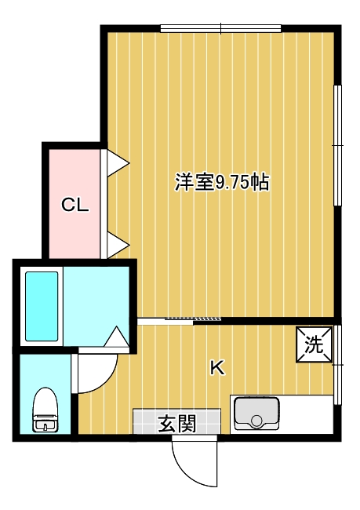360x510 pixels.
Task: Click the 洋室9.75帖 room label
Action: pyautogui.click(x=223, y=182)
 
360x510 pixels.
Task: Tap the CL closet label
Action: pyautogui.click(x=75, y=205)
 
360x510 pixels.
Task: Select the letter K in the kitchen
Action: pyautogui.click(x=217, y=368)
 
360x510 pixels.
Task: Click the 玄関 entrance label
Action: pyautogui.click(x=177, y=424)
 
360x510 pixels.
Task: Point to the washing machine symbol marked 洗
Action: pyautogui.click(x=315, y=344)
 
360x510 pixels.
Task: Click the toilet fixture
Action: pyautogui.click(x=45, y=410)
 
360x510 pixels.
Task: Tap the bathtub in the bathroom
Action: pyautogui.click(x=42, y=306)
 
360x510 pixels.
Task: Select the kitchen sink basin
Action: pyautogui.click(x=257, y=413)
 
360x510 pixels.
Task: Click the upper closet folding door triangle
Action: pyautogui.click(x=118, y=163)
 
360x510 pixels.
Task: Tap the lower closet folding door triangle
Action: pyautogui.click(x=118, y=245)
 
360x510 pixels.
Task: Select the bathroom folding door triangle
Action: pyautogui.click(x=116, y=337)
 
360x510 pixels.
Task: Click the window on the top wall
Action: pyautogui.click(x=221, y=28)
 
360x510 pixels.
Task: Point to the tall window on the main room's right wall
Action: pyautogui.click(x=337, y=145)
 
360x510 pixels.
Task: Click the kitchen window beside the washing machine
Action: pyautogui.click(x=337, y=365)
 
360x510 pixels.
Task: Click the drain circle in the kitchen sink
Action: pyautogui.click(x=256, y=421)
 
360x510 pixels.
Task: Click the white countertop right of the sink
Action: pyautogui.click(x=307, y=414)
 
